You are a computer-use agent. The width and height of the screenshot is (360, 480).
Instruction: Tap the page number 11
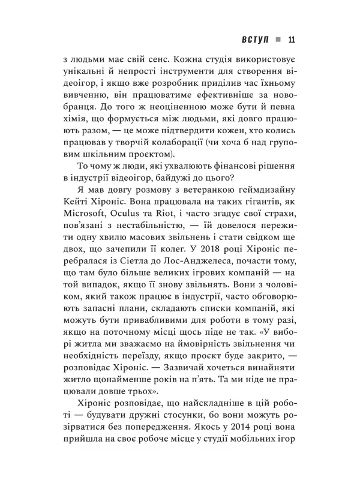[x=292, y=40]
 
